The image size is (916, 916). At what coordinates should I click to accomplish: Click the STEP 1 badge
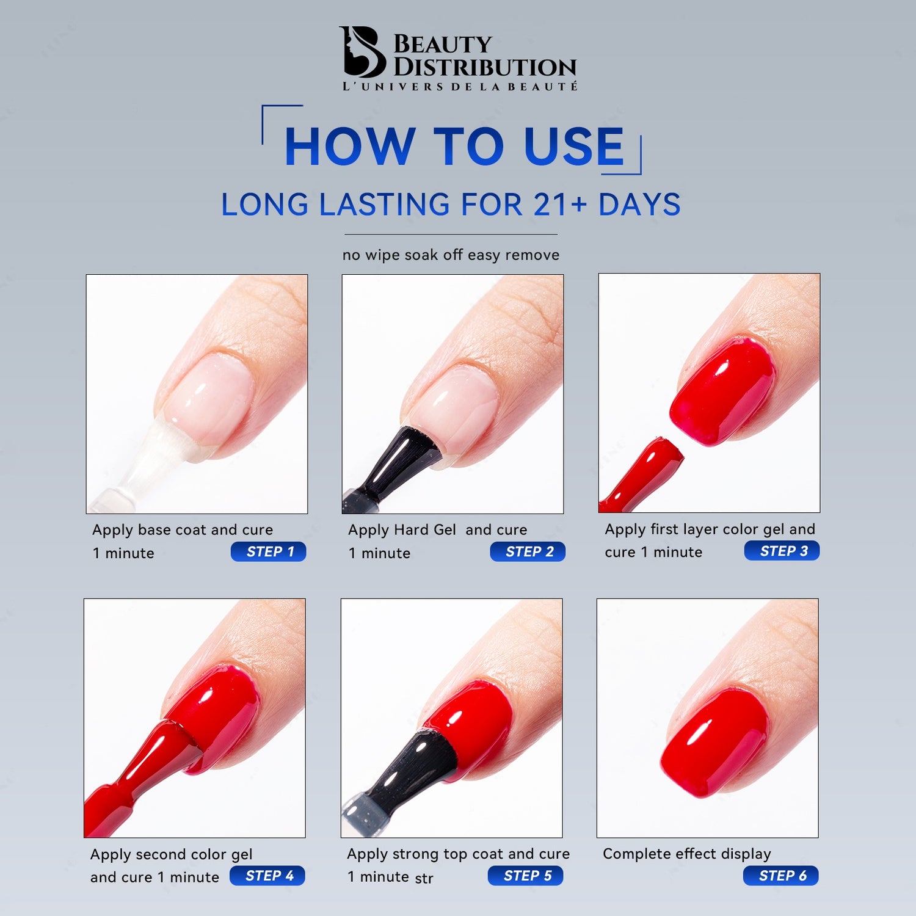pos(268,551)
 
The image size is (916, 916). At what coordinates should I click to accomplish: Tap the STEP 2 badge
pos(528,551)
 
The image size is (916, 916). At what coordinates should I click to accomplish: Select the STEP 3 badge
pos(782,551)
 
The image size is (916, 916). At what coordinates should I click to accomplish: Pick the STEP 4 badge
pos(267,876)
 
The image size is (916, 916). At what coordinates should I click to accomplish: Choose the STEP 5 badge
pos(526,876)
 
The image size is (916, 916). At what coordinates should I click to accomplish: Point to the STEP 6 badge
pos(781,876)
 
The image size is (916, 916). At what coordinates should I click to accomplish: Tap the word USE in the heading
pos(574,147)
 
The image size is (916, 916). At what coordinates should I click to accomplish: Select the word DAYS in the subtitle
pos(639,205)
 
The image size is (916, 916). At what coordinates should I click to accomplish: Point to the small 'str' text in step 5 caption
pos(424,879)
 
